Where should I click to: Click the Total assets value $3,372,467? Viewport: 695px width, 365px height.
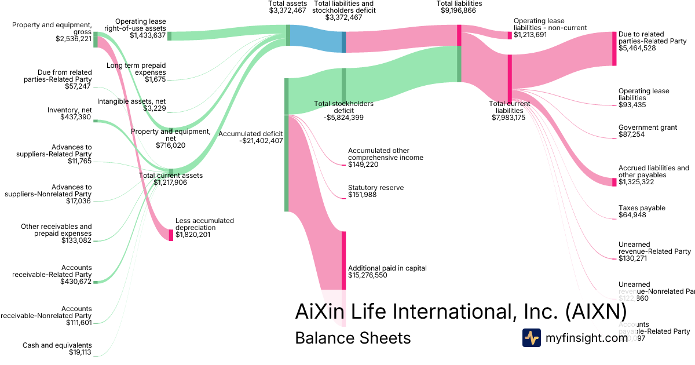(288, 10)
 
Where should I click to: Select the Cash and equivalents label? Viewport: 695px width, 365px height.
(57, 345)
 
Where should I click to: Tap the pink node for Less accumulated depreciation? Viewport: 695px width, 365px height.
(171, 235)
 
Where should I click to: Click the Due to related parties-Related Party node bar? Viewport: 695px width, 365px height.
(614, 48)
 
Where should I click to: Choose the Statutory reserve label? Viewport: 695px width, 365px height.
(375, 188)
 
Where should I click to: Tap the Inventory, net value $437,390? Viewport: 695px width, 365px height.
(75, 117)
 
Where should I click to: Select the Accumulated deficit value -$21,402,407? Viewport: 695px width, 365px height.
(250, 141)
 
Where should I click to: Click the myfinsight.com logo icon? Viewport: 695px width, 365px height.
(531, 338)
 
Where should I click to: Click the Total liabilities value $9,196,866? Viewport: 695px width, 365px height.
(459, 10)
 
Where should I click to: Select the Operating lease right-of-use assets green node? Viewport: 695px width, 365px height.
(169, 36)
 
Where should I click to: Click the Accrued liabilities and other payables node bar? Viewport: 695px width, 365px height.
(614, 182)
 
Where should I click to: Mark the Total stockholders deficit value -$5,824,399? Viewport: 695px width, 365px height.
(343, 118)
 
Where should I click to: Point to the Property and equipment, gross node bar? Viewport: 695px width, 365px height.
(96, 39)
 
